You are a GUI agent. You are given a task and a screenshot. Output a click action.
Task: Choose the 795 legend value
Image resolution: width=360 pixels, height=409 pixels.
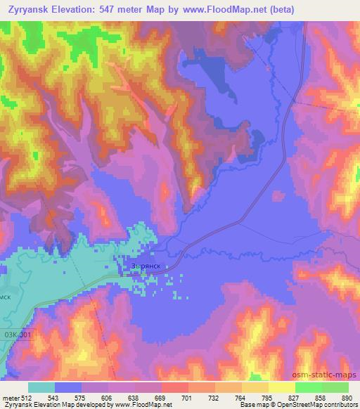tap(267, 398)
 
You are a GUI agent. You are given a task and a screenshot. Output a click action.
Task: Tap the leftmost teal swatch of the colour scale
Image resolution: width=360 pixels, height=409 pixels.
tap(42, 387)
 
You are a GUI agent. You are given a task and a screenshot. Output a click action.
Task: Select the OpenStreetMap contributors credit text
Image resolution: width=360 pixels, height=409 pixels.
tap(319, 405)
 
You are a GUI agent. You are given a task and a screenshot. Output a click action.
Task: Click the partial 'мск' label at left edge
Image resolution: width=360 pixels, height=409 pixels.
tap(6, 297)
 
